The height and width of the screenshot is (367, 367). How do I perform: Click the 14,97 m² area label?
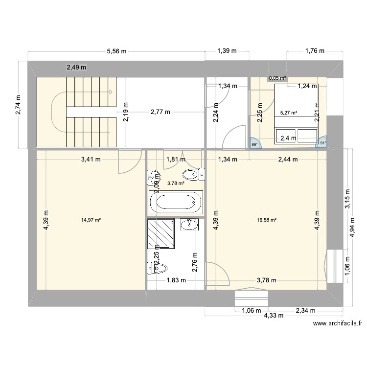(91, 220)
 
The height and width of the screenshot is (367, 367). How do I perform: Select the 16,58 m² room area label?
(267, 220)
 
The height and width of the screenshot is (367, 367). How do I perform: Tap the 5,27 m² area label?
(288, 113)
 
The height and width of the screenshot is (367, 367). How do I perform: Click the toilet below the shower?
(158, 268)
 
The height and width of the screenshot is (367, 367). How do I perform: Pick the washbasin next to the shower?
(189, 225)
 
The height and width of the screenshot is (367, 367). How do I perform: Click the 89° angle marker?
(254, 144)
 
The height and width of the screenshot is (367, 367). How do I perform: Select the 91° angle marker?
(322, 143)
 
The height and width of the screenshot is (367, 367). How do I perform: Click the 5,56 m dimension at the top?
(116, 51)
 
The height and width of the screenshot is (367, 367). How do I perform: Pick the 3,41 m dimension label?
(91, 159)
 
